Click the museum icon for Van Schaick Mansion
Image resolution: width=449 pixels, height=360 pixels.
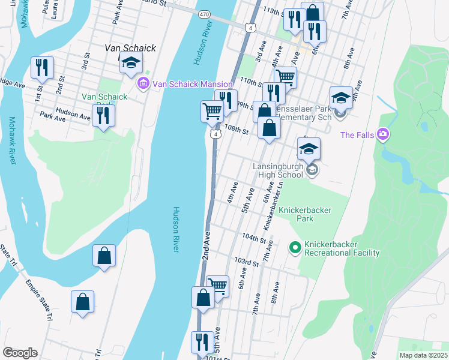(143, 83)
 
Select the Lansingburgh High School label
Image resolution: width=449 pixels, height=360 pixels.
(277, 170)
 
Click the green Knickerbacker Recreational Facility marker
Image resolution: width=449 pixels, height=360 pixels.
(295, 247)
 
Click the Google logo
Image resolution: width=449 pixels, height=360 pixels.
(20, 353)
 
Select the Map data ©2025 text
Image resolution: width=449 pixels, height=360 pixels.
(423, 355)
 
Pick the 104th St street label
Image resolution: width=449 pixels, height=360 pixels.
(254, 238)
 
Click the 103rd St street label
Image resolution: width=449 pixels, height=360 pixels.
(246, 262)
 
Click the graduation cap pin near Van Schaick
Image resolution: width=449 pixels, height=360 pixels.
(130, 62)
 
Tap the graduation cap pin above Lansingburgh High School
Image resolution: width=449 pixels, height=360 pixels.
(309, 149)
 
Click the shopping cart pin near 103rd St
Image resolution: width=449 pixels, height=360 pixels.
(217, 286)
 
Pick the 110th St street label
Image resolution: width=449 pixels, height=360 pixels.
(251, 79)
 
